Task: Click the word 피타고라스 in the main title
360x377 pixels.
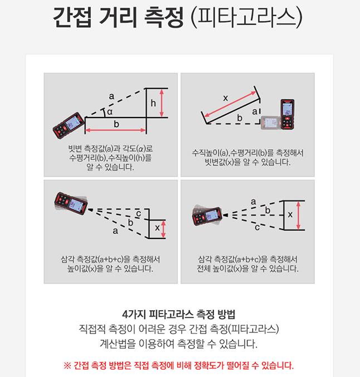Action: point(246,17)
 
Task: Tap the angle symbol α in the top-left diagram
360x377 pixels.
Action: point(110,112)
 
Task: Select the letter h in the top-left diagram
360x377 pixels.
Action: point(153,103)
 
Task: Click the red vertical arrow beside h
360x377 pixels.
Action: point(162,103)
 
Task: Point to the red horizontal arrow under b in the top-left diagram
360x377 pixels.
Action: point(115,130)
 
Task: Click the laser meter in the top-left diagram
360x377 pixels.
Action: point(69,125)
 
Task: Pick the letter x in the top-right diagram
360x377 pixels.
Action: point(226,98)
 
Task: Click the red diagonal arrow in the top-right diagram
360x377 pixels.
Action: point(230,104)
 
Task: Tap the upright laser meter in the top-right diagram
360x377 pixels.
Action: point(288,115)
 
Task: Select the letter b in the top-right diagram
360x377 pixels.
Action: point(240,118)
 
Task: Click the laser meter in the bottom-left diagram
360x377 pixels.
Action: point(71,203)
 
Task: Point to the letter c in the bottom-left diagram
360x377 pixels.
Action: point(139,214)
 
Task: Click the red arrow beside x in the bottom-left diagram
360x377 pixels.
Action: point(163,229)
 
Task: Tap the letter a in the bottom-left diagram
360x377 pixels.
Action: point(115,231)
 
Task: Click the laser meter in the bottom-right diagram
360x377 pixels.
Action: point(207,216)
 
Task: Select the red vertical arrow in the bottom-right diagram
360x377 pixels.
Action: point(298,216)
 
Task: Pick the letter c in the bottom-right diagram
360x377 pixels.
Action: point(257,227)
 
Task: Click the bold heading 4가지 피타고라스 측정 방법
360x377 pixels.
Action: point(178,314)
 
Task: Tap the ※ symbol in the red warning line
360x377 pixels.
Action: point(67,366)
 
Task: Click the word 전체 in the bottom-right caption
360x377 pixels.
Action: point(204,268)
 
